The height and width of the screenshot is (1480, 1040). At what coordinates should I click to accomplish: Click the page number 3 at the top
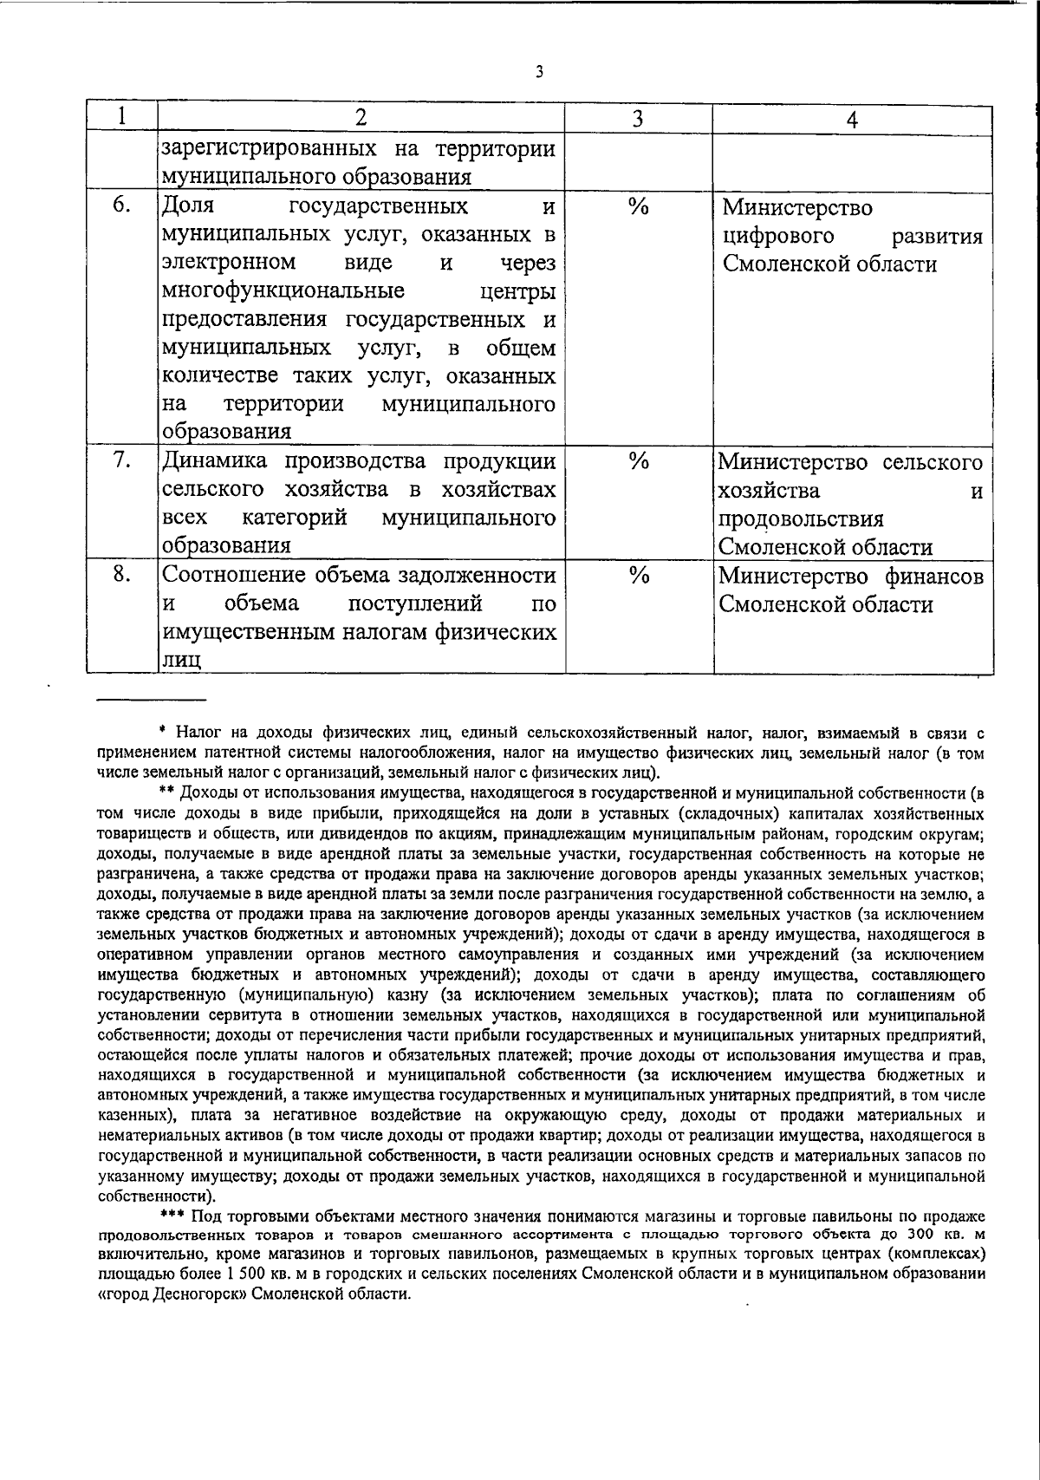539,72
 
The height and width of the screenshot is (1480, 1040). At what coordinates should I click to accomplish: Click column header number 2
361,117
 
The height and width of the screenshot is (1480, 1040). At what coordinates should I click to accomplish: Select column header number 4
852,120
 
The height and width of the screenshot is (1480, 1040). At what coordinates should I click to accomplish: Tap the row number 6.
121,206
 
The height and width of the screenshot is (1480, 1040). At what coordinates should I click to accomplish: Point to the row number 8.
121,575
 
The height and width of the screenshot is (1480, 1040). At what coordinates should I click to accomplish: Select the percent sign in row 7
639,461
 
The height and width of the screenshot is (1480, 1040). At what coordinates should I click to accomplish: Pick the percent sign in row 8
639,576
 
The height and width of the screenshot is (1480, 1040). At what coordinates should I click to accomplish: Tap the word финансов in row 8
934,576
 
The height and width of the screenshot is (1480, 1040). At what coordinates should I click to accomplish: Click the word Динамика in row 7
215,460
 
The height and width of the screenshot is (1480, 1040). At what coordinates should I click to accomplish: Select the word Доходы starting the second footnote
207,792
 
